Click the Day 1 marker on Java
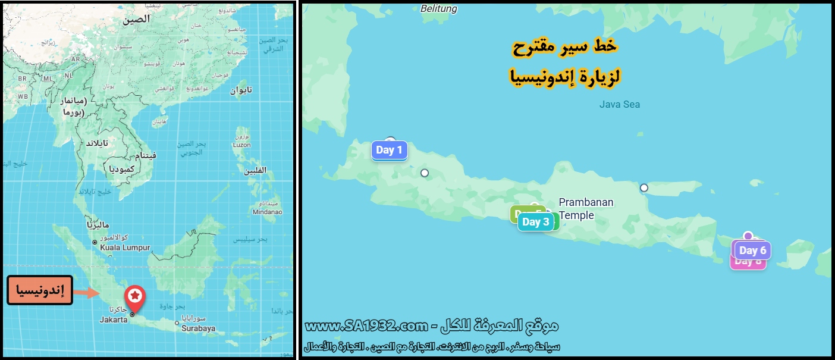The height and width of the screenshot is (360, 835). pyautogui.click(x=389, y=150)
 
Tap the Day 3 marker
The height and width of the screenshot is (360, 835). pyautogui.click(x=535, y=222)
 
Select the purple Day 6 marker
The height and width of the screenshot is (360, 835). pyautogui.click(x=752, y=251)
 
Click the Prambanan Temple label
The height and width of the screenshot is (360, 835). pyautogui.click(x=586, y=209)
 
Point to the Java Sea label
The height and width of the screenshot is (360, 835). pyautogui.click(x=619, y=105)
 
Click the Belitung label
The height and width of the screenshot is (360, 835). pyautogui.click(x=439, y=8)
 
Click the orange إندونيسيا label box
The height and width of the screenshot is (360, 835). pyautogui.click(x=40, y=291)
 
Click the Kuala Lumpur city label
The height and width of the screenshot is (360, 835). pyautogui.click(x=125, y=248)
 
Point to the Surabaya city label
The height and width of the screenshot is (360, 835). pyautogui.click(x=198, y=328)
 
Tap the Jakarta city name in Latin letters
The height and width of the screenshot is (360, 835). pyautogui.click(x=113, y=320)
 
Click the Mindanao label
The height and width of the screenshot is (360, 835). pyautogui.click(x=267, y=211)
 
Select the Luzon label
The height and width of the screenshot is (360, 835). pyautogui.click(x=241, y=145)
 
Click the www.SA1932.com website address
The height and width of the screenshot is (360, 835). pyautogui.click(x=367, y=326)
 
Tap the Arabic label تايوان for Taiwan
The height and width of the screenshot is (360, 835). pyautogui.click(x=241, y=90)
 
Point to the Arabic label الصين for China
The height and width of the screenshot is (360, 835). pyautogui.click(x=136, y=19)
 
